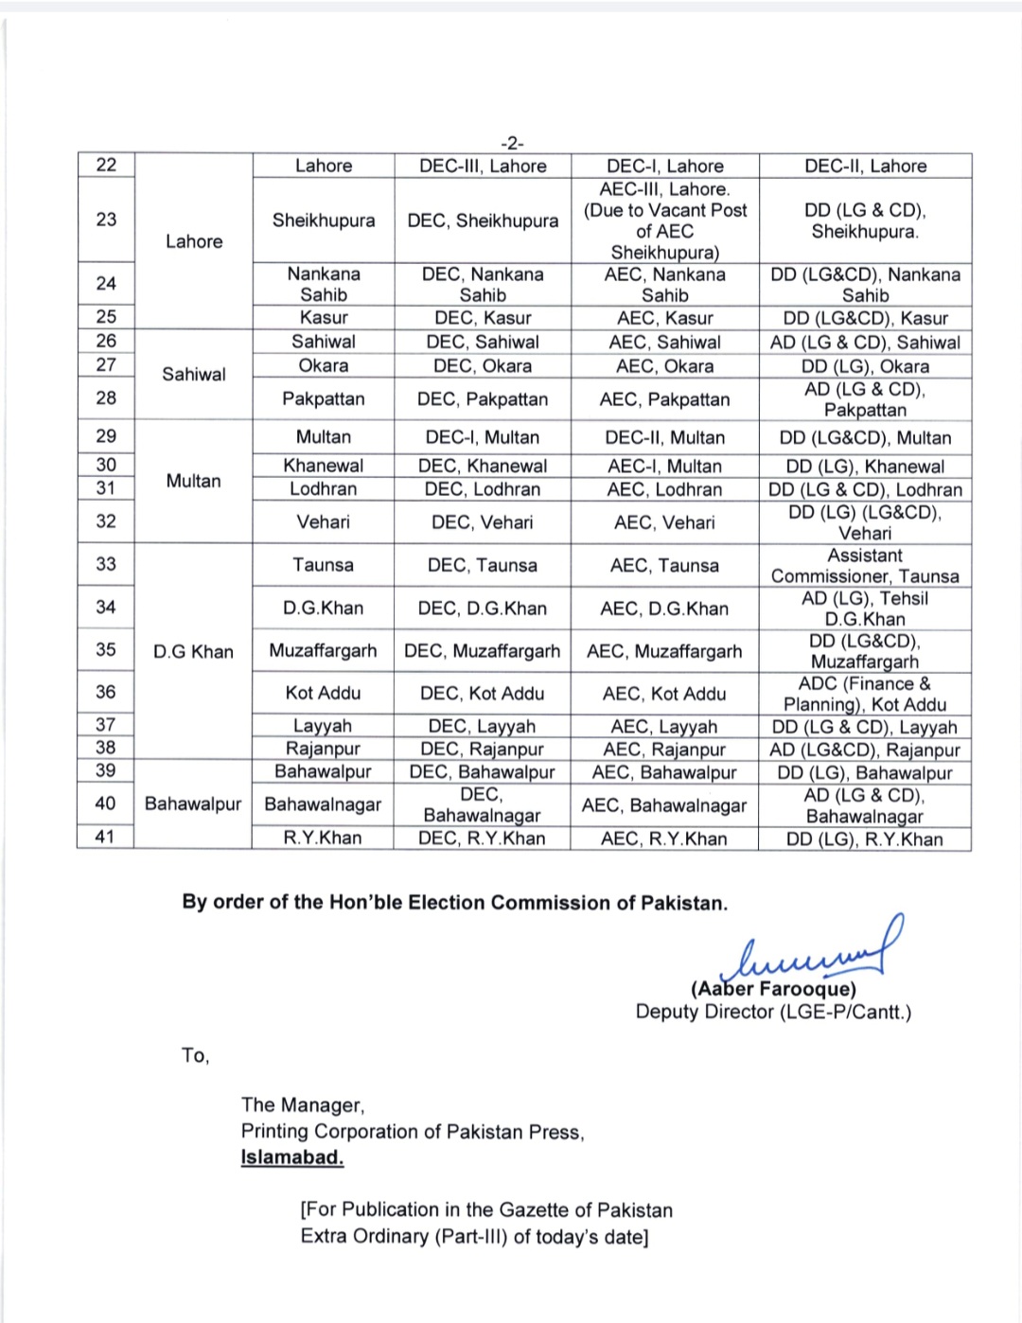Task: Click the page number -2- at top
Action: tap(511, 143)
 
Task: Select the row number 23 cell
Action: tap(106, 220)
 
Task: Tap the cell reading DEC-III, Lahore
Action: tap(483, 166)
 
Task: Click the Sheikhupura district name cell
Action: tap(324, 220)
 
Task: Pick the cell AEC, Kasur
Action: tap(664, 318)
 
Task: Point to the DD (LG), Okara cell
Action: tap(865, 366)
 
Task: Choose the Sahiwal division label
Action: tap(194, 374)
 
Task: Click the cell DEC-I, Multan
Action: tap(483, 437)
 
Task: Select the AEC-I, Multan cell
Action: tap(664, 466)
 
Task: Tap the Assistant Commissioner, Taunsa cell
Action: tap(865, 566)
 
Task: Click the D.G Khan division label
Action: tap(194, 651)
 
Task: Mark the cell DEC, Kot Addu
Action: tap(483, 694)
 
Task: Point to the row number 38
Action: tap(106, 748)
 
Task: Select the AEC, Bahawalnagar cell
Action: tap(664, 805)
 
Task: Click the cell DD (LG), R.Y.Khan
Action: tap(865, 838)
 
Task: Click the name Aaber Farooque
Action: tap(773, 989)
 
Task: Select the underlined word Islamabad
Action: tap(292, 1157)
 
